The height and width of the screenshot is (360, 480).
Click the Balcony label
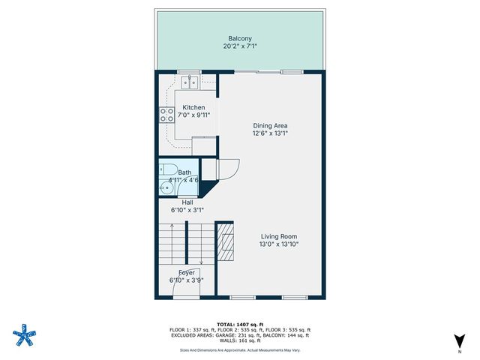coord(240,37)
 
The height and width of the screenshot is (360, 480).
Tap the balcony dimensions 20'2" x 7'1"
coord(240,46)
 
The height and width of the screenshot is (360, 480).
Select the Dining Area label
coord(271,125)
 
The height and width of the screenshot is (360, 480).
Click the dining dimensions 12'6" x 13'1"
coord(271,133)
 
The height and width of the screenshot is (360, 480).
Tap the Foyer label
coord(187,272)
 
